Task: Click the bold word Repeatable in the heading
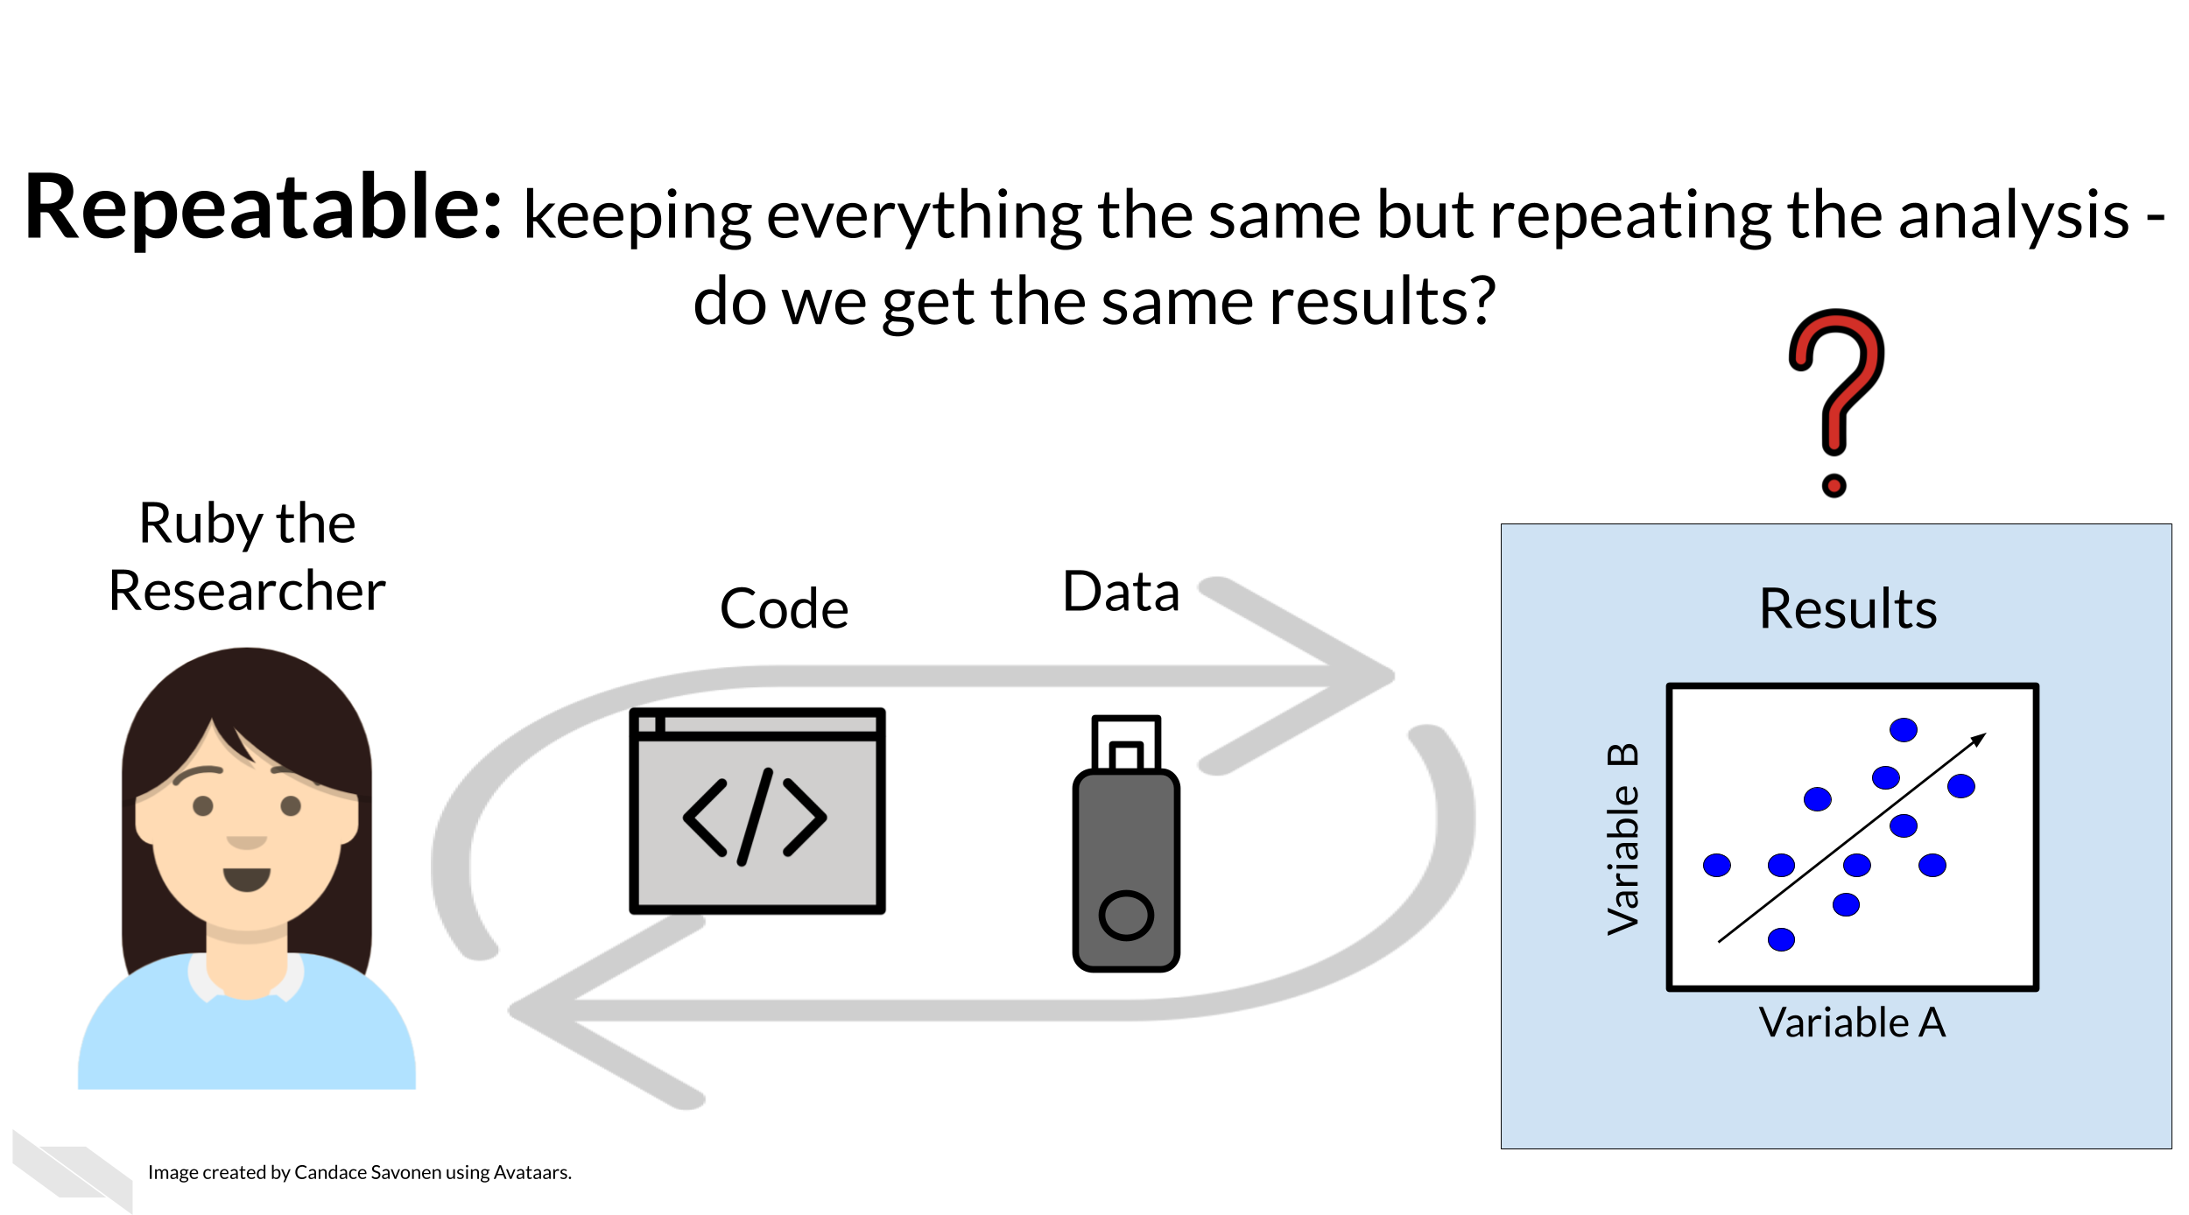[263, 208]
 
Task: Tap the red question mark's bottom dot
[1834, 485]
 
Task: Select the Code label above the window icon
[784, 608]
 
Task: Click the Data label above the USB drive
[1121, 592]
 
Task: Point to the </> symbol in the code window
[755, 817]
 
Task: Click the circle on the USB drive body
[1126, 916]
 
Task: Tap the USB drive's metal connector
[1126, 743]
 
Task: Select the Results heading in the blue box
[1848, 608]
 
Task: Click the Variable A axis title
[1852, 1022]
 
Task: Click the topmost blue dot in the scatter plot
[1904, 730]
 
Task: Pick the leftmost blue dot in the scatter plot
[1717, 866]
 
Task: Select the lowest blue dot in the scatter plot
[1781, 940]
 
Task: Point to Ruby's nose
[246, 842]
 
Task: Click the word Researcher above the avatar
[247, 591]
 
